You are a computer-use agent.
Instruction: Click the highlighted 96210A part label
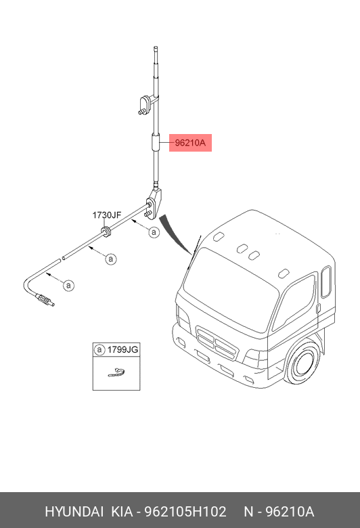[x=190, y=143]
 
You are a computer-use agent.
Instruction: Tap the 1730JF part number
[x=107, y=215]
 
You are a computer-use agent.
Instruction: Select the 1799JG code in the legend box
[x=122, y=349]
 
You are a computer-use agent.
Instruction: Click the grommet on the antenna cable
[x=106, y=232]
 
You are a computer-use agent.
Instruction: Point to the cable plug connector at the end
[x=44, y=300]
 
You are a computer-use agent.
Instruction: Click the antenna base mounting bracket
[x=154, y=203]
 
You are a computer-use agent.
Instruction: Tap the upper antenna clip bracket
[x=145, y=104]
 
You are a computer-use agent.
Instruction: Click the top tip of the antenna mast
[x=156, y=47]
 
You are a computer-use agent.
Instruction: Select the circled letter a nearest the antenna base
[x=154, y=232]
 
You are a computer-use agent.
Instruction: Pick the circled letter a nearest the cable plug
[x=69, y=286]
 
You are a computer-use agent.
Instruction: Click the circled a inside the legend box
[x=99, y=349]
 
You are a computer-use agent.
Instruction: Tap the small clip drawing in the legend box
[x=116, y=372]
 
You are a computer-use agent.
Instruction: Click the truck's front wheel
[x=302, y=364]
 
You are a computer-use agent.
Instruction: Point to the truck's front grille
[x=217, y=343]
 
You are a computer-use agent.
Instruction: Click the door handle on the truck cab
[x=318, y=307]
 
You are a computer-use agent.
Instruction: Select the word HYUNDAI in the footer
[x=74, y=512]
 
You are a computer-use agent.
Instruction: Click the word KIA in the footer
[x=122, y=512]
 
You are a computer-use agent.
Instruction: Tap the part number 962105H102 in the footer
[x=185, y=512]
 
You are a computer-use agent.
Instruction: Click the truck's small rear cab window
[x=326, y=282]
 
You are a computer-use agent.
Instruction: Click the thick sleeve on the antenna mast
[x=156, y=143]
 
